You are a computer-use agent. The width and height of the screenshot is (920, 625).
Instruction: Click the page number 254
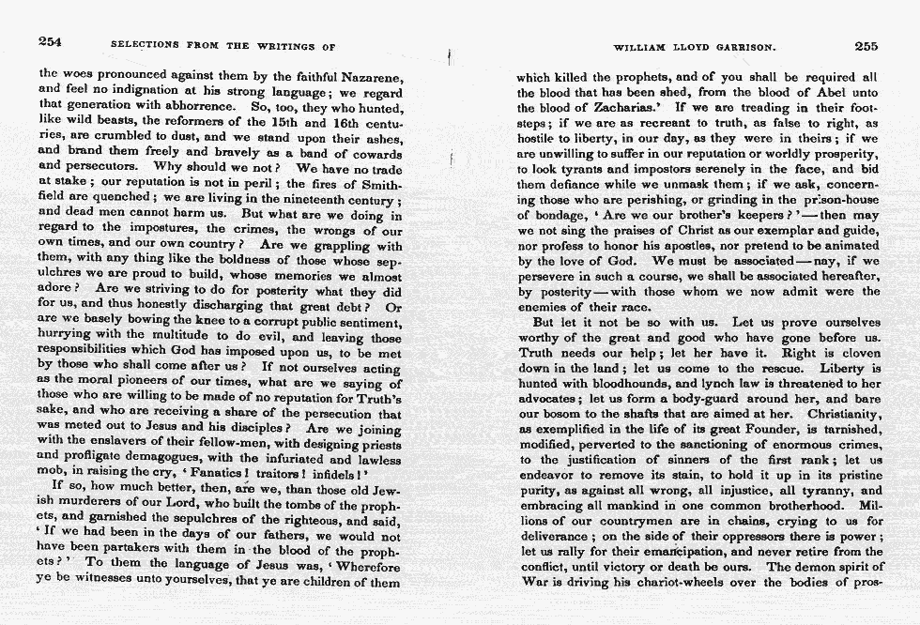point(51,43)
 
